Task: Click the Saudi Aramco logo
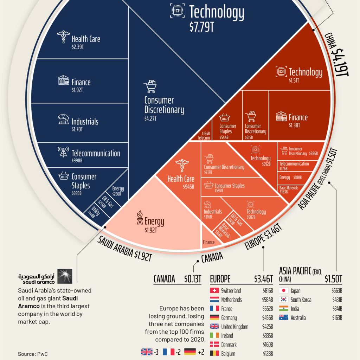coord(45,277)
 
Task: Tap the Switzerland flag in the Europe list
coord(214,291)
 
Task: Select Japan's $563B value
coord(336,291)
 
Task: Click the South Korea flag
coord(284,300)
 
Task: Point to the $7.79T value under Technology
coord(201,28)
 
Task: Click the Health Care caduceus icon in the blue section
coord(63,37)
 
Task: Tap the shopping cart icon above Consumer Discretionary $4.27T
coord(150,86)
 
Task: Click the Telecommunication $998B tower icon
coord(63,152)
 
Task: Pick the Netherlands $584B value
coord(268,300)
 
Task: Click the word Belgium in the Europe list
coord(228,354)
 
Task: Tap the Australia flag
coord(284,318)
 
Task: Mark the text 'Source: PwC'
coord(33,354)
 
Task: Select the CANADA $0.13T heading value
coord(193,279)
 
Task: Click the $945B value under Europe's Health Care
coord(188,187)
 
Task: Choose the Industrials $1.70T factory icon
coord(63,120)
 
